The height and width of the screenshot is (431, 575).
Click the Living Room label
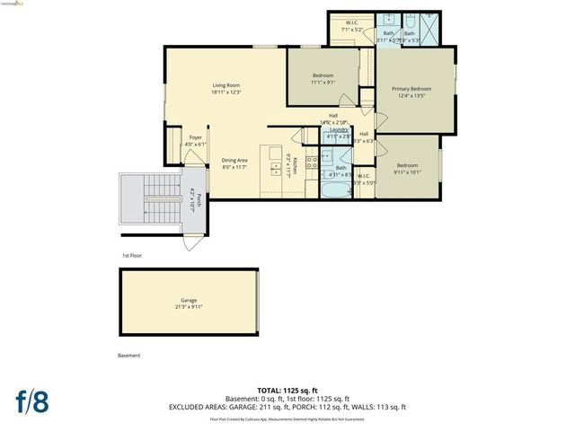pos(226,88)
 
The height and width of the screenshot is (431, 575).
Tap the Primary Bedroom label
pos(411,92)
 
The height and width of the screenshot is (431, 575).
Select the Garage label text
pos(189,303)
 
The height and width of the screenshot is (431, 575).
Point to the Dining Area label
pos(234,163)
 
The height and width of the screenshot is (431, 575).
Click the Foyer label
pos(195,140)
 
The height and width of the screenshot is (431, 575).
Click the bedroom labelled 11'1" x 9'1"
pos(323,78)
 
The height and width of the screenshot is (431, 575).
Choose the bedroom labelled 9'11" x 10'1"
pos(408,168)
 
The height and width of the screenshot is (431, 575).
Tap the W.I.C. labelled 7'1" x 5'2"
pos(351,27)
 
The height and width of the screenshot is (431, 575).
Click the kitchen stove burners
pos(311,163)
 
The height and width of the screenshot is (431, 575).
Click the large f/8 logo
pos(31,400)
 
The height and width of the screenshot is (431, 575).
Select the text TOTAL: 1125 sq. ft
pos(287,391)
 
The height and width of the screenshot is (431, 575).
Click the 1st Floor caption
pos(132,255)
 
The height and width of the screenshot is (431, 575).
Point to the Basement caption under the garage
pos(129,356)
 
